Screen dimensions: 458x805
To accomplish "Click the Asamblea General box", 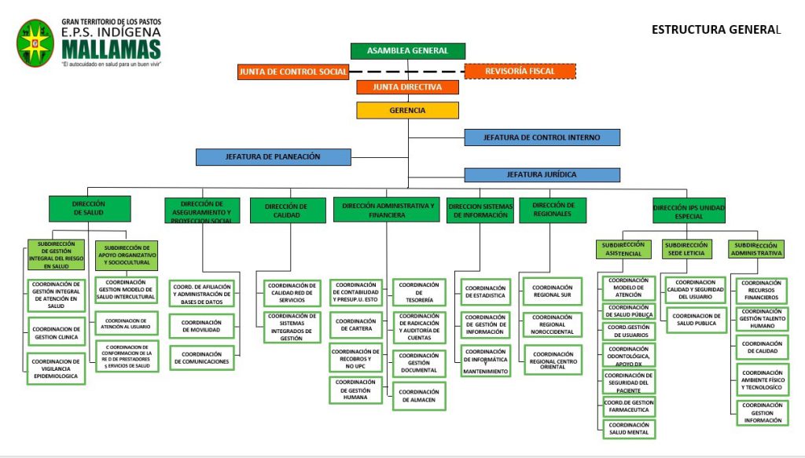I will [407, 51].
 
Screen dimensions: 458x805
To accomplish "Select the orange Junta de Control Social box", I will [292, 71].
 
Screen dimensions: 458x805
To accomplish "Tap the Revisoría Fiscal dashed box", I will [520, 71].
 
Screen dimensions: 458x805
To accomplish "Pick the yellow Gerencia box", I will [407, 111].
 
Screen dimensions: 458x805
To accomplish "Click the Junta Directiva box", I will [407, 87].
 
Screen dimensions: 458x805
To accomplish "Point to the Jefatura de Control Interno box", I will [542, 137].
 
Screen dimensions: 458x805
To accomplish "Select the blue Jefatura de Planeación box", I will [274, 157].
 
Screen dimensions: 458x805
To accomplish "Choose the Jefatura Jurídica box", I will [542, 174].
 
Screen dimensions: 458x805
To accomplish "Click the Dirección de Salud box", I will [89, 208].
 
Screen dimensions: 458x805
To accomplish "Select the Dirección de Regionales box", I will [553, 210].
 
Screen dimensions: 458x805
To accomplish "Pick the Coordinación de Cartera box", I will [356, 324].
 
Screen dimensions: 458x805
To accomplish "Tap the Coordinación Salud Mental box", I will [629, 429].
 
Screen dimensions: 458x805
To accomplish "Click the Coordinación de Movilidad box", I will [201, 326].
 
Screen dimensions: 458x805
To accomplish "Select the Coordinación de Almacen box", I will [419, 396].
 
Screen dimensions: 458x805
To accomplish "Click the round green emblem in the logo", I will [35, 43].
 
